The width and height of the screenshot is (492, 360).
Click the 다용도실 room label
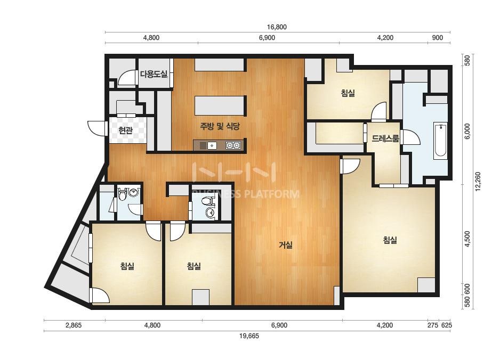(154, 75)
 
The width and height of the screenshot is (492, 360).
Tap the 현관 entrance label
(126, 130)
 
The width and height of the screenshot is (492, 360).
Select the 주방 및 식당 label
(220, 126)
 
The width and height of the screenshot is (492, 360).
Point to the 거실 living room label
(286, 245)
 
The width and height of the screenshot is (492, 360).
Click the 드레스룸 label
(385, 138)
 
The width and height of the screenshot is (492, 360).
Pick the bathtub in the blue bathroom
(440, 141)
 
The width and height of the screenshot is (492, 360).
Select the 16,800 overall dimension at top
(277, 27)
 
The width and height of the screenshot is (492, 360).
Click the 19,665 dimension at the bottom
(249, 336)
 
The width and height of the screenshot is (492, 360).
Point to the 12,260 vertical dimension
(478, 181)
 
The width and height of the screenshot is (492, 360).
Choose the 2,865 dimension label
(74, 325)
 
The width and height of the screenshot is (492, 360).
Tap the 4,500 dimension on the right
(468, 239)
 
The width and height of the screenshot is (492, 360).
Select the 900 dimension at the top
(438, 38)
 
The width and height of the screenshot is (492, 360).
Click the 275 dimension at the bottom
(433, 325)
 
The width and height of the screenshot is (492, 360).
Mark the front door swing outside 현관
(95, 128)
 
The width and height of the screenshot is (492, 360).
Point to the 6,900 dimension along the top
(267, 38)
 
